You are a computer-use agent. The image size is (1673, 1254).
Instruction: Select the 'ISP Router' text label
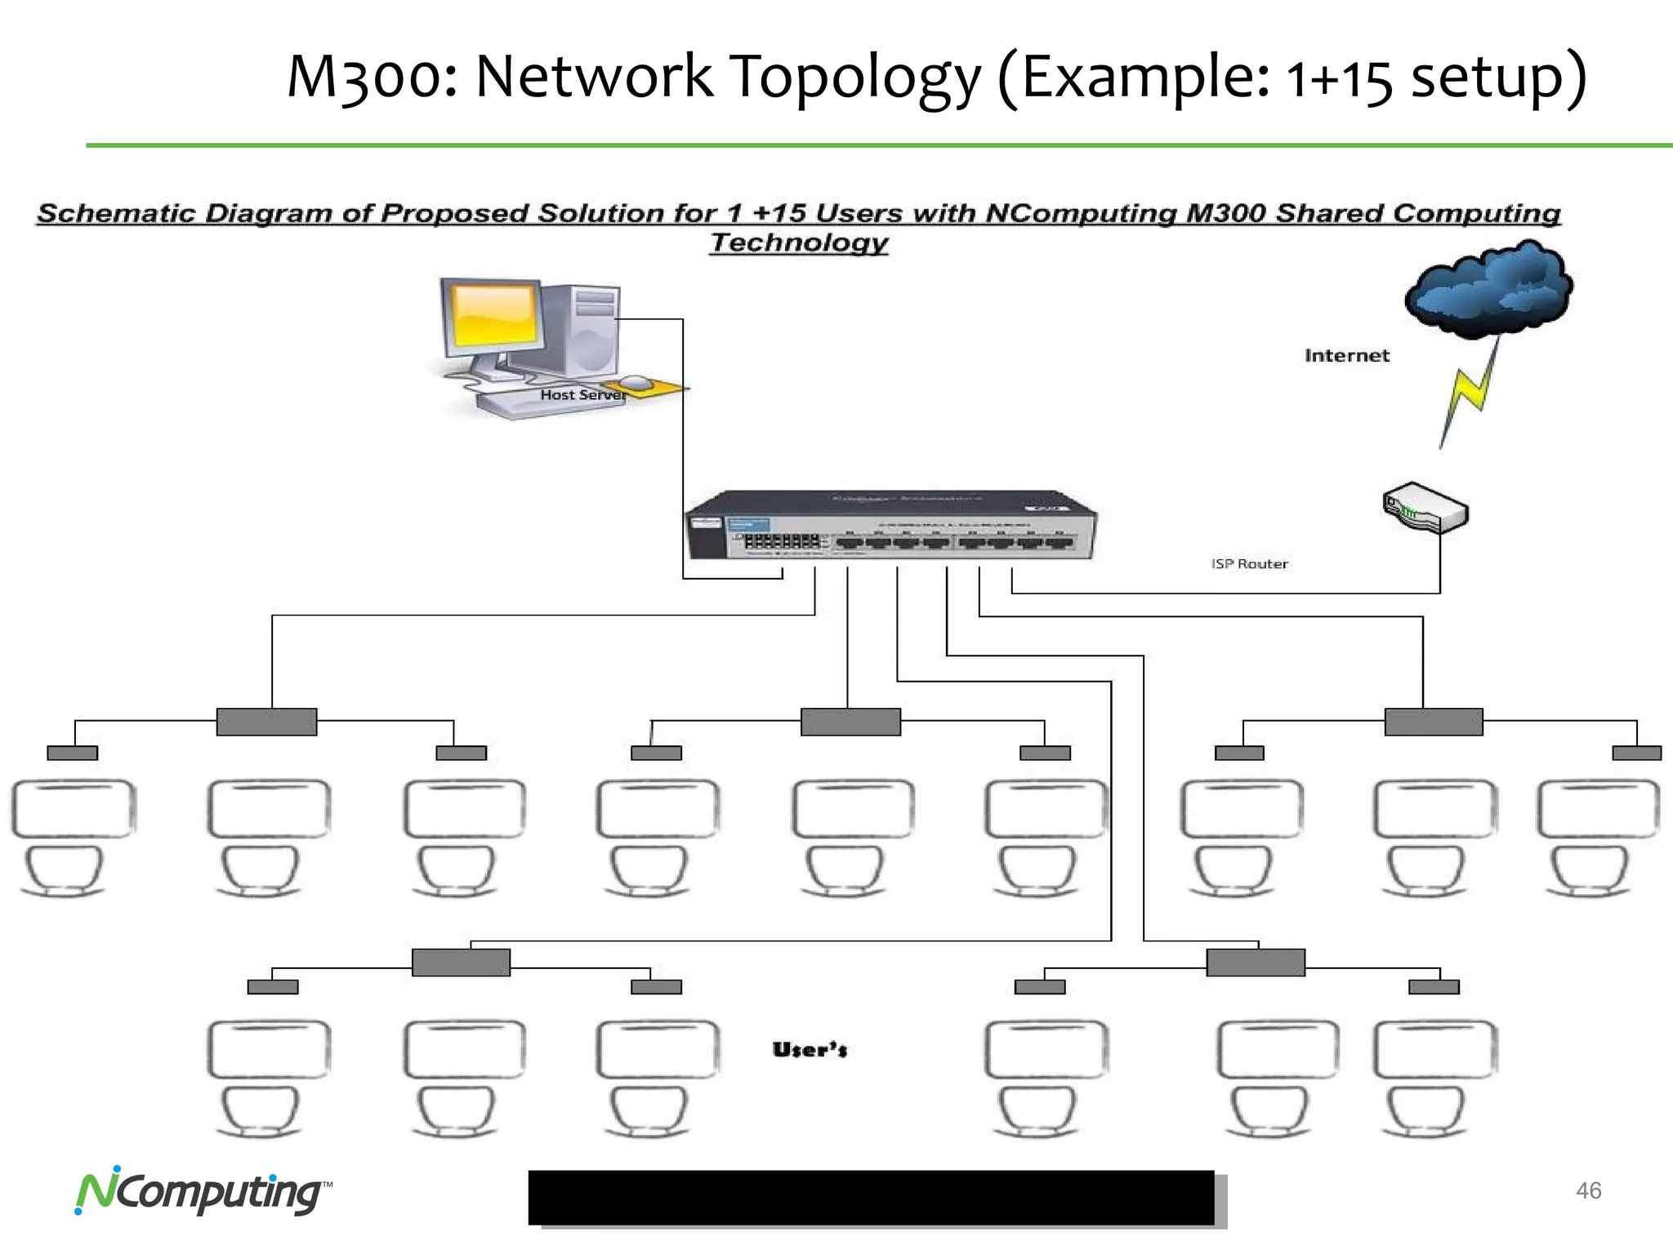(1249, 564)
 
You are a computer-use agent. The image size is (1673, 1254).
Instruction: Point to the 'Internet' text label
(1346, 355)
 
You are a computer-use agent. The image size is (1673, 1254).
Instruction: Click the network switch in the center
(890, 527)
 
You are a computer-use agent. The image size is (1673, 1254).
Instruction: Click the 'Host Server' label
(582, 395)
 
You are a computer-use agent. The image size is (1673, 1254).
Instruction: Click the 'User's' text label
(810, 1050)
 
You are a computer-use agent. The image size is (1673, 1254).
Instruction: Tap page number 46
(1588, 1190)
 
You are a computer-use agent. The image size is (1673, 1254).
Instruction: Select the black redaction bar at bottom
(871, 1197)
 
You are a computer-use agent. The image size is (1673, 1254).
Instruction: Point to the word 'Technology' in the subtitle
(798, 242)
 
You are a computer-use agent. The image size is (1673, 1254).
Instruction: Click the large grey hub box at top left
(266, 722)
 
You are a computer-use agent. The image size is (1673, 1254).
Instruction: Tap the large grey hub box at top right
(1434, 722)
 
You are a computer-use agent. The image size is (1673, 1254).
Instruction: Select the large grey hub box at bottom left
(461, 962)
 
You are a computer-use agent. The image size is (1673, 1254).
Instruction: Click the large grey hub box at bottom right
(1256, 962)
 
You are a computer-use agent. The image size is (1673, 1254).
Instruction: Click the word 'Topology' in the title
(854, 77)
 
